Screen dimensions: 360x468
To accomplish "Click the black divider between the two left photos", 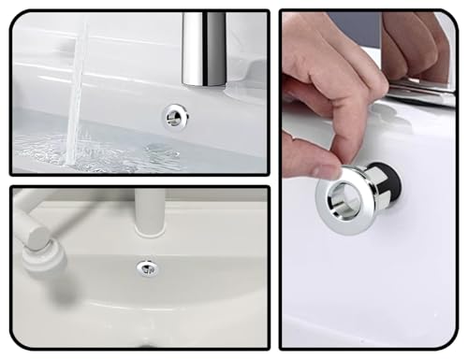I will [140, 180].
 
